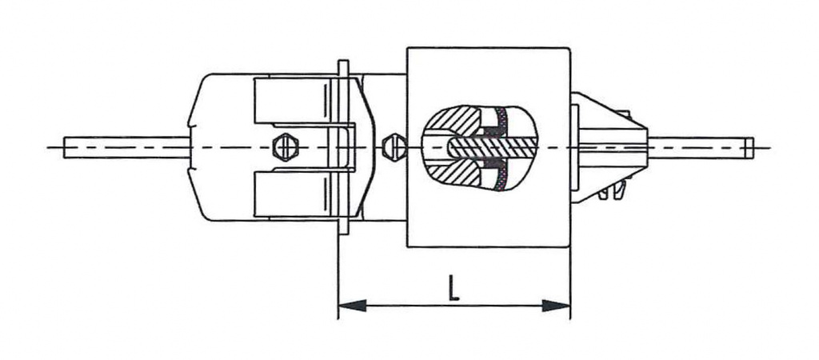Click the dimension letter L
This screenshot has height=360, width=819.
tap(453, 287)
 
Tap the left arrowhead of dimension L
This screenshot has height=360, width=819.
tap(352, 305)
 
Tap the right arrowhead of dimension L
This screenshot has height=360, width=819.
tap(557, 305)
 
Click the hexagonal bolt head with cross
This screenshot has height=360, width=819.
tap(286, 147)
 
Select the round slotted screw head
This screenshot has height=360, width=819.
tap(395, 147)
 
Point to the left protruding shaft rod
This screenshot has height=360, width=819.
tap(126, 147)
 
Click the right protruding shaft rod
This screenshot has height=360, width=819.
tap(701, 147)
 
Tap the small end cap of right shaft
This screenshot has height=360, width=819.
tap(749, 147)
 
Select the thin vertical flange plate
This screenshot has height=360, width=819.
tap(344, 147)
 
